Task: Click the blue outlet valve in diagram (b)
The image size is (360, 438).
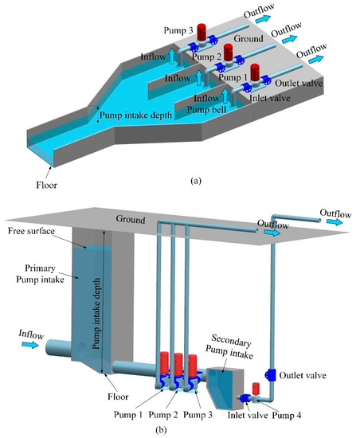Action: coord(270,374)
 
